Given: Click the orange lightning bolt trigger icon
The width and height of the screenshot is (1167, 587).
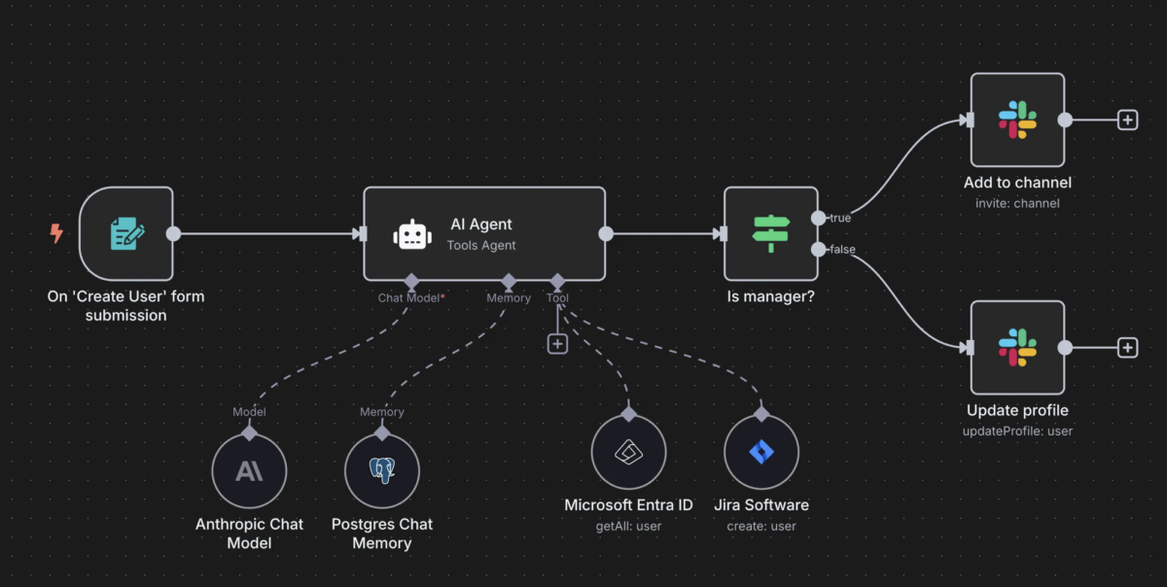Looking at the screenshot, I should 56,233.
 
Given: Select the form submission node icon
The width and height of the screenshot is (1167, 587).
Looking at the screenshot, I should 126,233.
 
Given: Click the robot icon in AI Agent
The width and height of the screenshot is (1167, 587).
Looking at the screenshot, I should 410,234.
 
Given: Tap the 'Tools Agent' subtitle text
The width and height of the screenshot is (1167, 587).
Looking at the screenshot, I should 481,245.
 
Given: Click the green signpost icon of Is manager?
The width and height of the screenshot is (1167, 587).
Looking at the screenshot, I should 771,233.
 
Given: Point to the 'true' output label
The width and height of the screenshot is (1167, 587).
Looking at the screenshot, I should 839,218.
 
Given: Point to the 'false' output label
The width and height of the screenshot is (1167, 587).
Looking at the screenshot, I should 841,250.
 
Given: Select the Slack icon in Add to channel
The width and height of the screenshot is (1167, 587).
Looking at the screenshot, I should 1017,120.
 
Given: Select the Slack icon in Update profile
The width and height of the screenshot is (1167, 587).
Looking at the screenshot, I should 1017,348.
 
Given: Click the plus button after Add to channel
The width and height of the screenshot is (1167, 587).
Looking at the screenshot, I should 1127,120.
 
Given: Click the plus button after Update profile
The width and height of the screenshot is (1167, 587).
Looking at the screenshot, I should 1127,348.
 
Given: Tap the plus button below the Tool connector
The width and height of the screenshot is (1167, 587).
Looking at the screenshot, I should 557,343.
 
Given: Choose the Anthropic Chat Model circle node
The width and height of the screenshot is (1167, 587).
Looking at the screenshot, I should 249,471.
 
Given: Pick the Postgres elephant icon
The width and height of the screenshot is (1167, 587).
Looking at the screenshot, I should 381,471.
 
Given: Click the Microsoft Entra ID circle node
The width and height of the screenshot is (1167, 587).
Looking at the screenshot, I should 628,453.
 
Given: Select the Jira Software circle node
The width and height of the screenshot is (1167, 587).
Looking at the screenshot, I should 761,453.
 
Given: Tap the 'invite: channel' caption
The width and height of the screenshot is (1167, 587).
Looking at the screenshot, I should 1017,203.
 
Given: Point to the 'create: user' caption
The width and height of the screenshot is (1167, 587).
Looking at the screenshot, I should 761,526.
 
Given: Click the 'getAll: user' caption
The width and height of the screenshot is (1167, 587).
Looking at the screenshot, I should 628,526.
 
